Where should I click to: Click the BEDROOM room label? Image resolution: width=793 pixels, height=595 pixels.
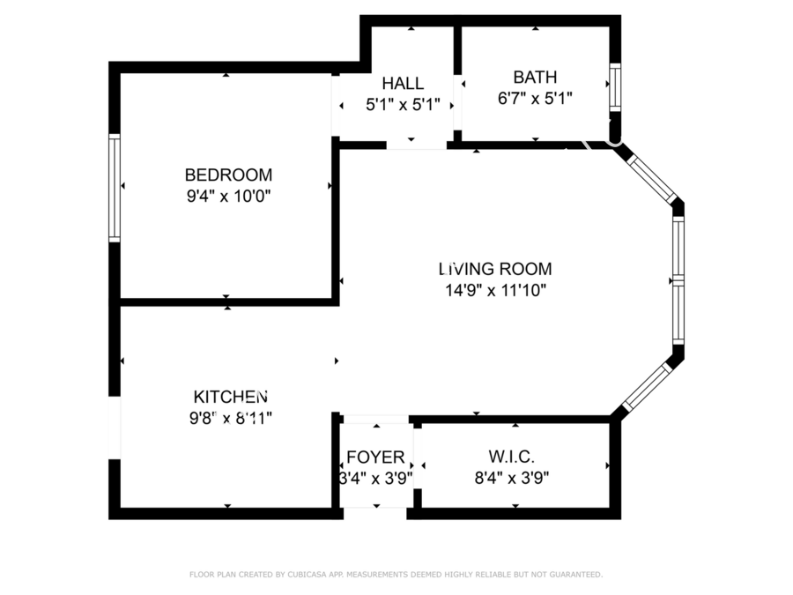[228, 175]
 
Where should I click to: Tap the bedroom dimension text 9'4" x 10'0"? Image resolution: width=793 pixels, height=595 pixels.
[228, 196]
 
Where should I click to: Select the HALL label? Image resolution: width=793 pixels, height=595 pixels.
[403, 83]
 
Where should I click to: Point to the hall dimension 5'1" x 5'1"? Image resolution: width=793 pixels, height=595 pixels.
[403, 105]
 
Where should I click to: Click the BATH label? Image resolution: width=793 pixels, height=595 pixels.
[535, 77]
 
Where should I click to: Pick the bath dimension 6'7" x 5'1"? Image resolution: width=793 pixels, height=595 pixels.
[535, 98]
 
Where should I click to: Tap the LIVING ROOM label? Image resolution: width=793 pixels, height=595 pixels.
[495, 269]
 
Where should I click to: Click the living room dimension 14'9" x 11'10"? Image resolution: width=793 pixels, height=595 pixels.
[495, 290]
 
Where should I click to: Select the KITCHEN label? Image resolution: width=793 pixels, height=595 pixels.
[231, 397]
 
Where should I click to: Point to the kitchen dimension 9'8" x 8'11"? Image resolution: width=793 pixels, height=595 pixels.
[231, 419]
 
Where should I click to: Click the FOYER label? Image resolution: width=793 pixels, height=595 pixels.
[375, 457]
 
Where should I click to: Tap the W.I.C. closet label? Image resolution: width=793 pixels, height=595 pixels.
[511, 457]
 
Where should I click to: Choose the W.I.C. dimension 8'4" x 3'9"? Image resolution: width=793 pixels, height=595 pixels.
[511, 478]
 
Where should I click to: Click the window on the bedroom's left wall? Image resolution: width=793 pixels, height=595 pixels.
[115, 188]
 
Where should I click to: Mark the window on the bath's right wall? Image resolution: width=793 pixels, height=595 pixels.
[615, 87]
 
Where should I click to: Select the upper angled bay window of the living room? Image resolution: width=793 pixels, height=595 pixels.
[652, 178]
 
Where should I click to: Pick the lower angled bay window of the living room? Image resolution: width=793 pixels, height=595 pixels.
[648, 386]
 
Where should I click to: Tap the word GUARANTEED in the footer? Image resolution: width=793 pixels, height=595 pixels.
[575, 574]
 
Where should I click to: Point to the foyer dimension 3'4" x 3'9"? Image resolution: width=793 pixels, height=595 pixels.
[375, 478]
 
